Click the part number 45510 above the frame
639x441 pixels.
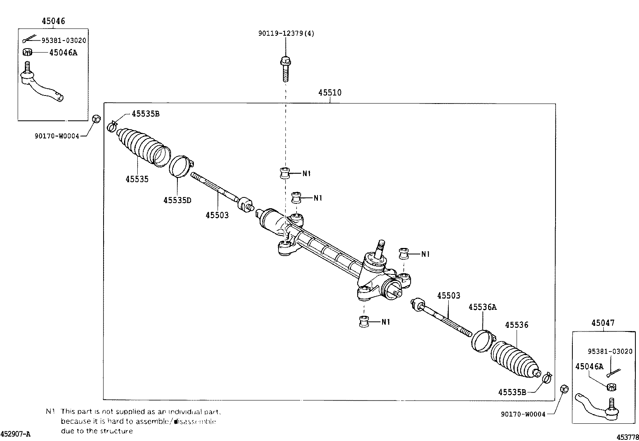pos(330,93)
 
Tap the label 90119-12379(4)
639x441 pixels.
pos(286,33)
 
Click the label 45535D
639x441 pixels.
pos(177,200)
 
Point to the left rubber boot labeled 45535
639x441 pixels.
pos(142,147)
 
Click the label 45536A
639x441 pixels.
pos(482,307)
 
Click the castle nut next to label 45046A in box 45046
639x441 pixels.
pos(27,52)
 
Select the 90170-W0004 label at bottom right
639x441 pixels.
pos(523,414)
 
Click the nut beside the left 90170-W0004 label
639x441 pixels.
pos(96,119)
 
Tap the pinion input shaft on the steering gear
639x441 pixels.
pos(379,249)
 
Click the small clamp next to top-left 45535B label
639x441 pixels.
pos(112,126)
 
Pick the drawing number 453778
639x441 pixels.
pos(627,437)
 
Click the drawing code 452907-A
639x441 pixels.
pos(15,434)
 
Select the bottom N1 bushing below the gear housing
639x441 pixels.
pos(364,321)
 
